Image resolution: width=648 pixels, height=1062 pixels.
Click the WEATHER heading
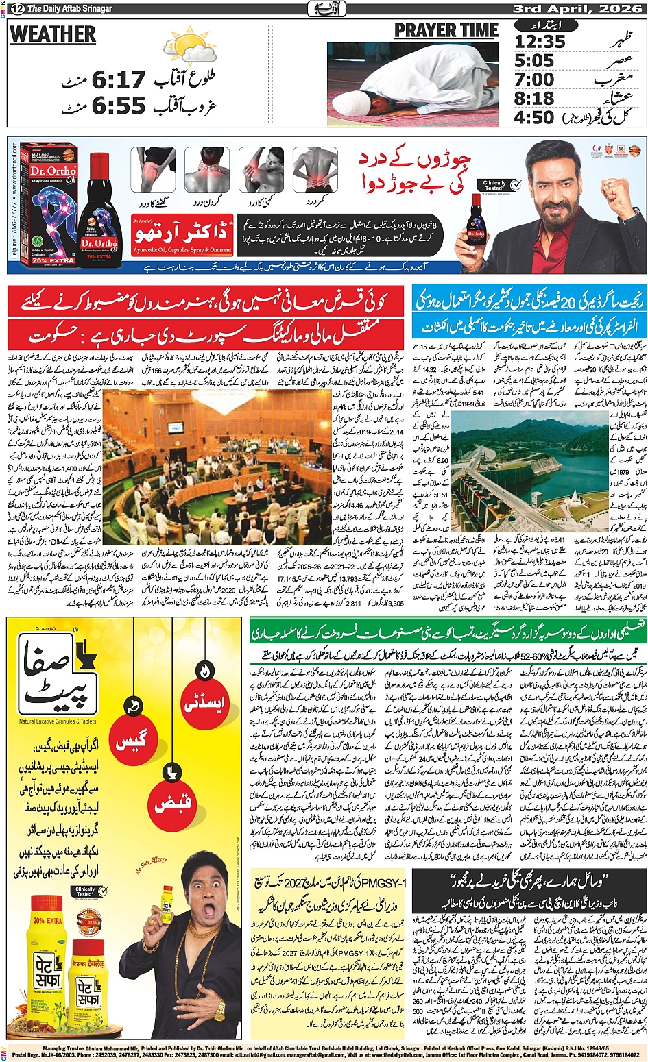(x=53, y=34)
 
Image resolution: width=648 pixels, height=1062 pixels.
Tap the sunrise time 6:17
(x=119, y=80)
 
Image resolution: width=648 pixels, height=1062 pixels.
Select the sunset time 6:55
(x=119, y=106)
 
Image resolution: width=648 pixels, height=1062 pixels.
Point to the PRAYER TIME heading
(x=446, y=31)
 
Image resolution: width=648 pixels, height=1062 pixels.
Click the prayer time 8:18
(x=534, y=99)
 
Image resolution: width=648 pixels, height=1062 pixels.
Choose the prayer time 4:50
(x=534, y=117)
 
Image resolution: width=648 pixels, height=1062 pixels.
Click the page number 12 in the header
(x=15, y=8)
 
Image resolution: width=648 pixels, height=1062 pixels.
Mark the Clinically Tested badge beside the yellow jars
(x=87, y=892)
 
